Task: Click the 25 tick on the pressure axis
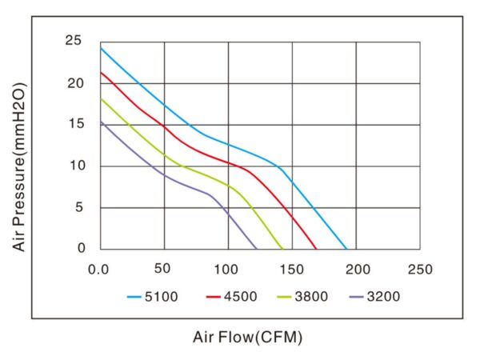[75, 41]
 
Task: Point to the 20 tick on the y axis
[75, 83]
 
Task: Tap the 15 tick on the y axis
[75, 125]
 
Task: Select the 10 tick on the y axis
[75, 166]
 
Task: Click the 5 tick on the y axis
[80, 207]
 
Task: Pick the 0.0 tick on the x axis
[100, 268]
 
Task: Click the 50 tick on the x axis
[164, 268]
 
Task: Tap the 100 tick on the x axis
[228, 268]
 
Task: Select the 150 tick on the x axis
[292, 268]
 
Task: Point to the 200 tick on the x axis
[357, 268]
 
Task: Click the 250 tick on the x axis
[420, 268]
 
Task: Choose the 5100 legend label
[163, 297]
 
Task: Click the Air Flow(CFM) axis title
[248, 338]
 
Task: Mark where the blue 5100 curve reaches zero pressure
[346, 249]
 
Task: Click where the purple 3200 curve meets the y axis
[101, 121]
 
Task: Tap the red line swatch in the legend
[214, 297]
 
